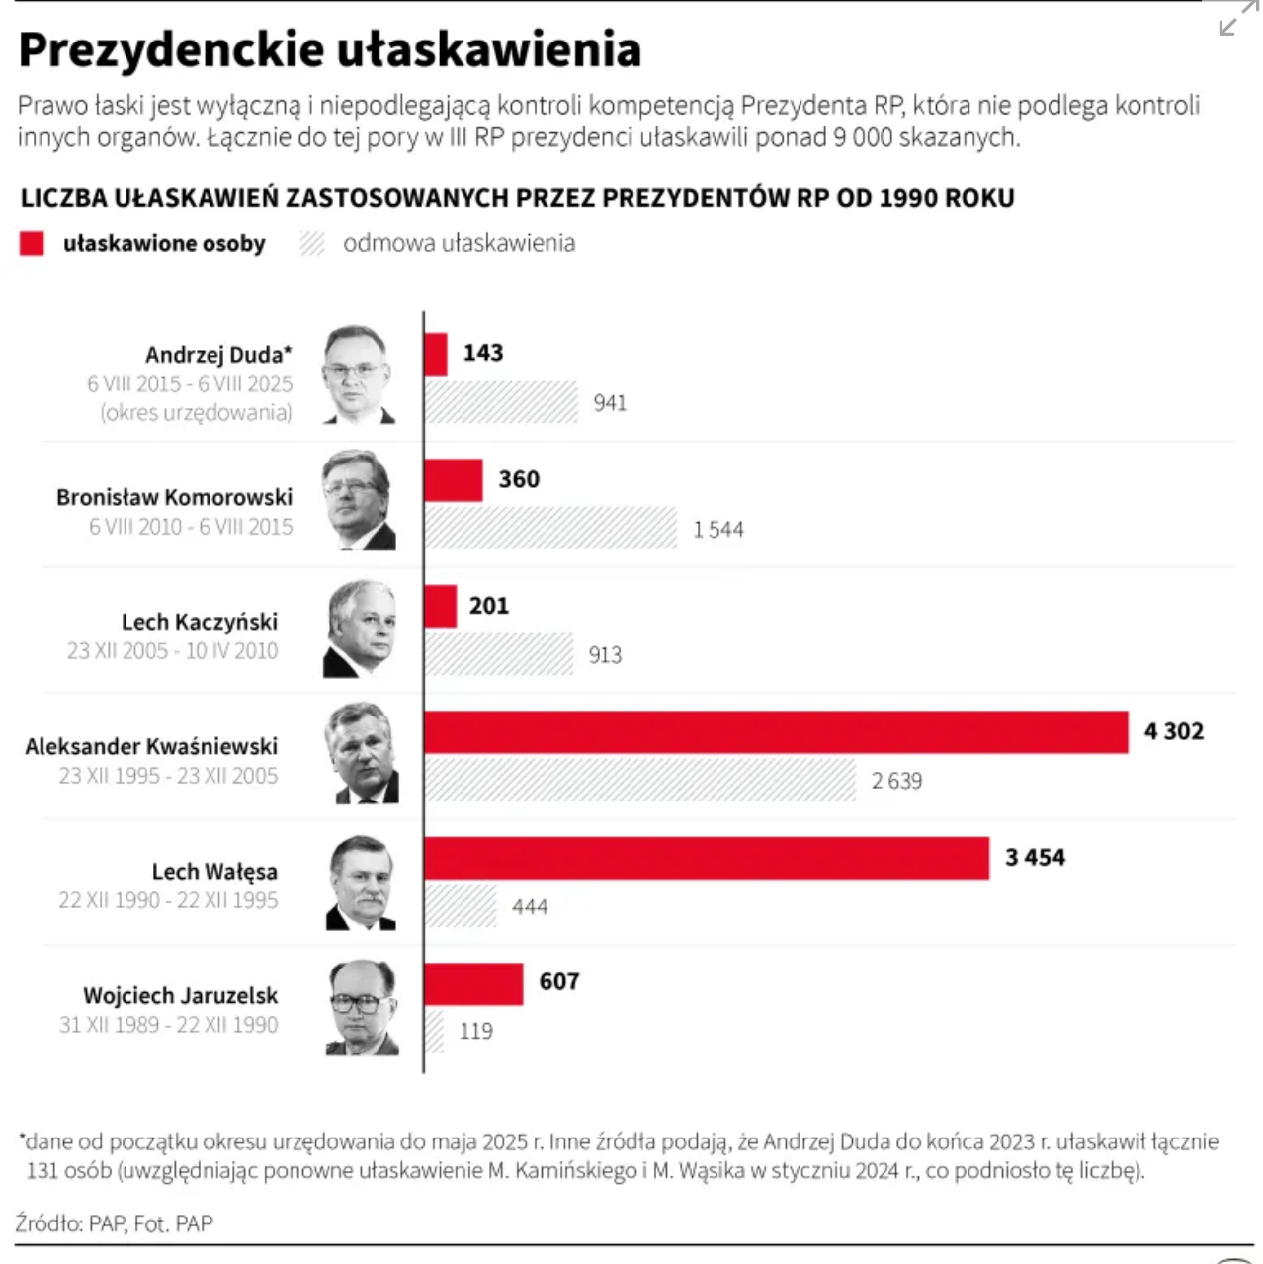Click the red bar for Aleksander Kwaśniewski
pos(776,732)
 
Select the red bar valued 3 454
pos(707,858)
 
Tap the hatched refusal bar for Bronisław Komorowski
pos(550,529)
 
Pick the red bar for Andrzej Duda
pos(436,354)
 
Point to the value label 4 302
pos(1173,732)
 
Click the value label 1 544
pos(718,530)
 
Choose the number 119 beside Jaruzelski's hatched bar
pos(475,1032)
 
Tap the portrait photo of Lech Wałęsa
pos(361,883)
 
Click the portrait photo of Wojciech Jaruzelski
pos(362,1008)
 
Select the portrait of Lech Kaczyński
pos(360,630)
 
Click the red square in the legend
pos(32,244)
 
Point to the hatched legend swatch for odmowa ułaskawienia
pos(312,244)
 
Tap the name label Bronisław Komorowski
pos(174,497)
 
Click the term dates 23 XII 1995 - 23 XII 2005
pos(168,777)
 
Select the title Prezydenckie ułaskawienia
pos(329,49)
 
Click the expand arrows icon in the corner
pos(1237,19)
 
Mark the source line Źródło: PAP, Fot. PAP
pos(115,1223)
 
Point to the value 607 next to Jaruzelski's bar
pos(558,982)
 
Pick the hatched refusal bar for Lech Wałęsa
pos(461,906)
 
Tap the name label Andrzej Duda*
pos(218,355)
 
